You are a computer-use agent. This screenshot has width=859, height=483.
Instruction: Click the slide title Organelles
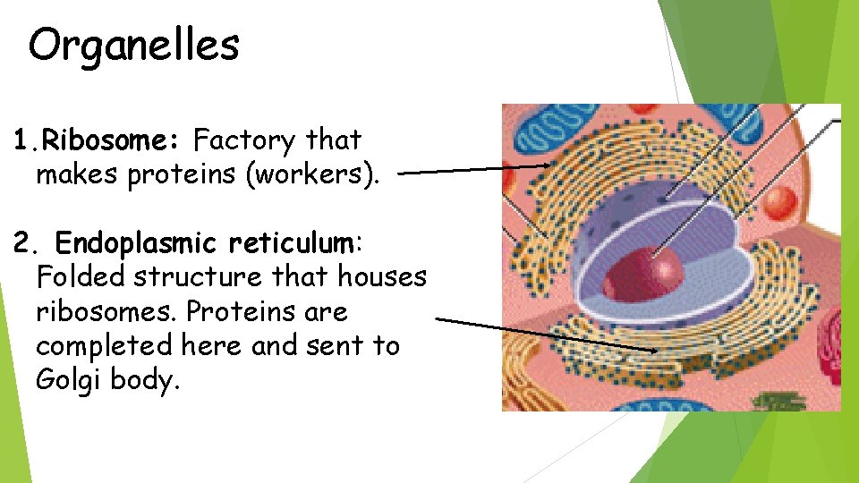pyautogui.click(x=133, y=45)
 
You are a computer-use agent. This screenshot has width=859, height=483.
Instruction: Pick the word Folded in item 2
pyautogui.click(x=81, y=277)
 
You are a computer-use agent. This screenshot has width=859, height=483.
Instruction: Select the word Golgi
pyautogui.click(x=69, y=379)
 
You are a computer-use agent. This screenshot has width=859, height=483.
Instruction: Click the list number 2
pyautogui.click(x=24, y=243)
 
